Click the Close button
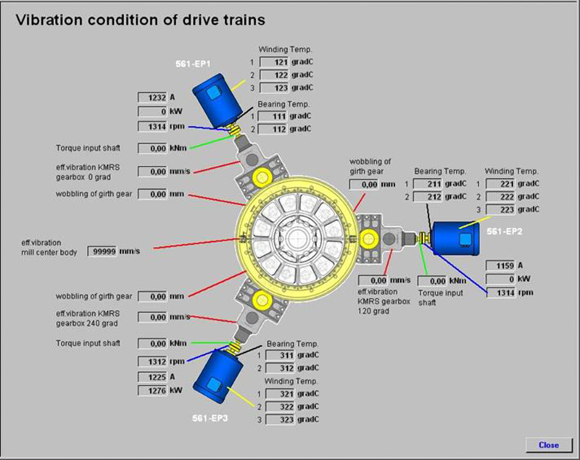point(548,444)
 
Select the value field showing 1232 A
point(152,96)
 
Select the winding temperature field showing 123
point(276,88)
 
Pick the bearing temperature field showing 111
point(276,117)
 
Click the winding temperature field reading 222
point(500,197)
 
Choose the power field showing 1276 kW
point(152,391)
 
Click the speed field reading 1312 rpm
point(152,361)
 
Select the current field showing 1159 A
point(501,266)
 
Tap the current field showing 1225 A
point(152,377)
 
